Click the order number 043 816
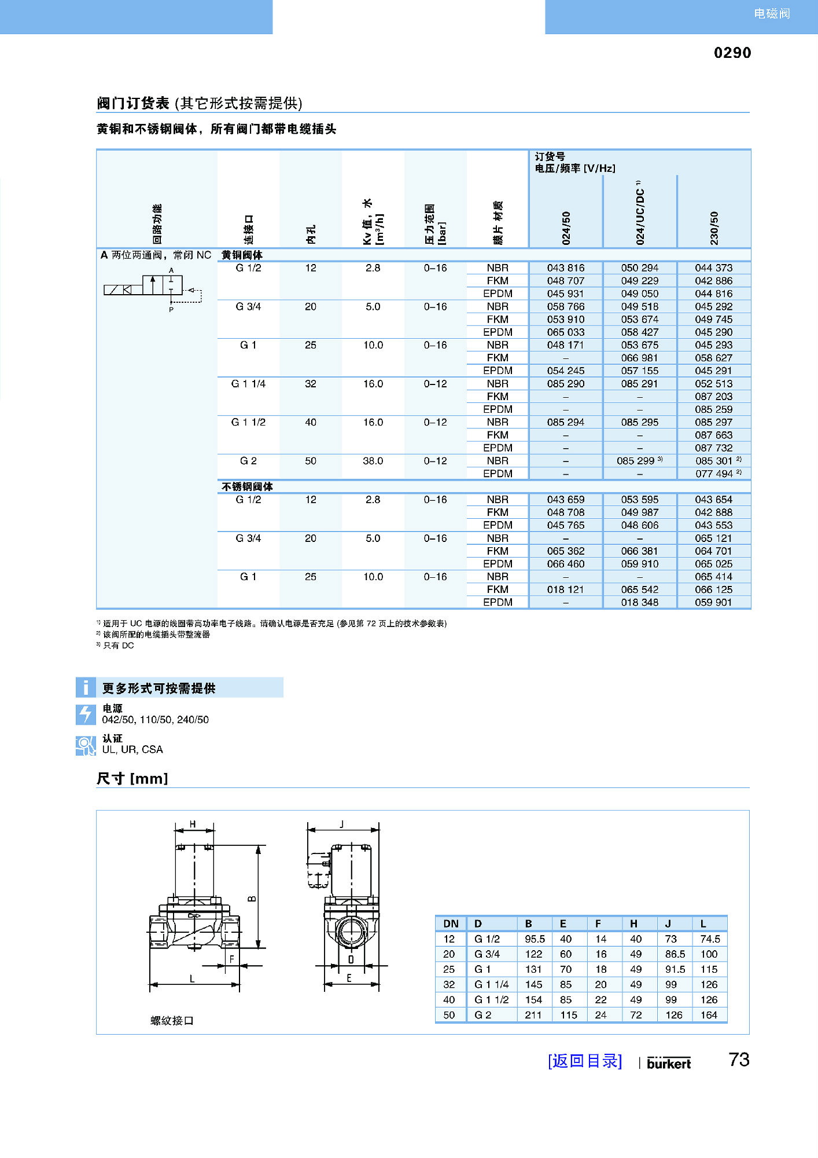pyautogui.click(x=565, y=268)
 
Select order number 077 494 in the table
pyautogui.click(x=713, y=474)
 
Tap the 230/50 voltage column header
pyautogui.click(x=714, y=227)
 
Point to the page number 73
pyautogui.click(x=739, y=1060)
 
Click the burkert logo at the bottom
pyautogui.click(x=668, y=1063)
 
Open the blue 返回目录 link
pyautogui.click(x=584, y=1061)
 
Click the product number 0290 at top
pyautogui.click(x=732, y=53)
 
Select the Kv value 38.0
pyautogui.click(x=373, y=461)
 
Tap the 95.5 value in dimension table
pyautogui.click(x=535, y=939)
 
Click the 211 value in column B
pyautogui.click(x=533, y=1015)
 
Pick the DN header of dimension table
pyautogui.click(x=451, y=924)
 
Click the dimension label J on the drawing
pyautogui.click(x=342, y=824)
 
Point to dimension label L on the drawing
pyautogui.click(x=192, y=979)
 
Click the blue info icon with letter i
pyautogui.click(x=86, y=687)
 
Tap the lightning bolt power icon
pyautogui.click(x=86, y=714)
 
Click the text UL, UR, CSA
pyautogui.click(x=132, y=750)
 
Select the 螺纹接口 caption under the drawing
pyautogui.click(x=172, y=1021)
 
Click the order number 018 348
pyautogui.click(x=639, y=602)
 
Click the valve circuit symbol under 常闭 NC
pyautogui.click(x=153, y=288)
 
